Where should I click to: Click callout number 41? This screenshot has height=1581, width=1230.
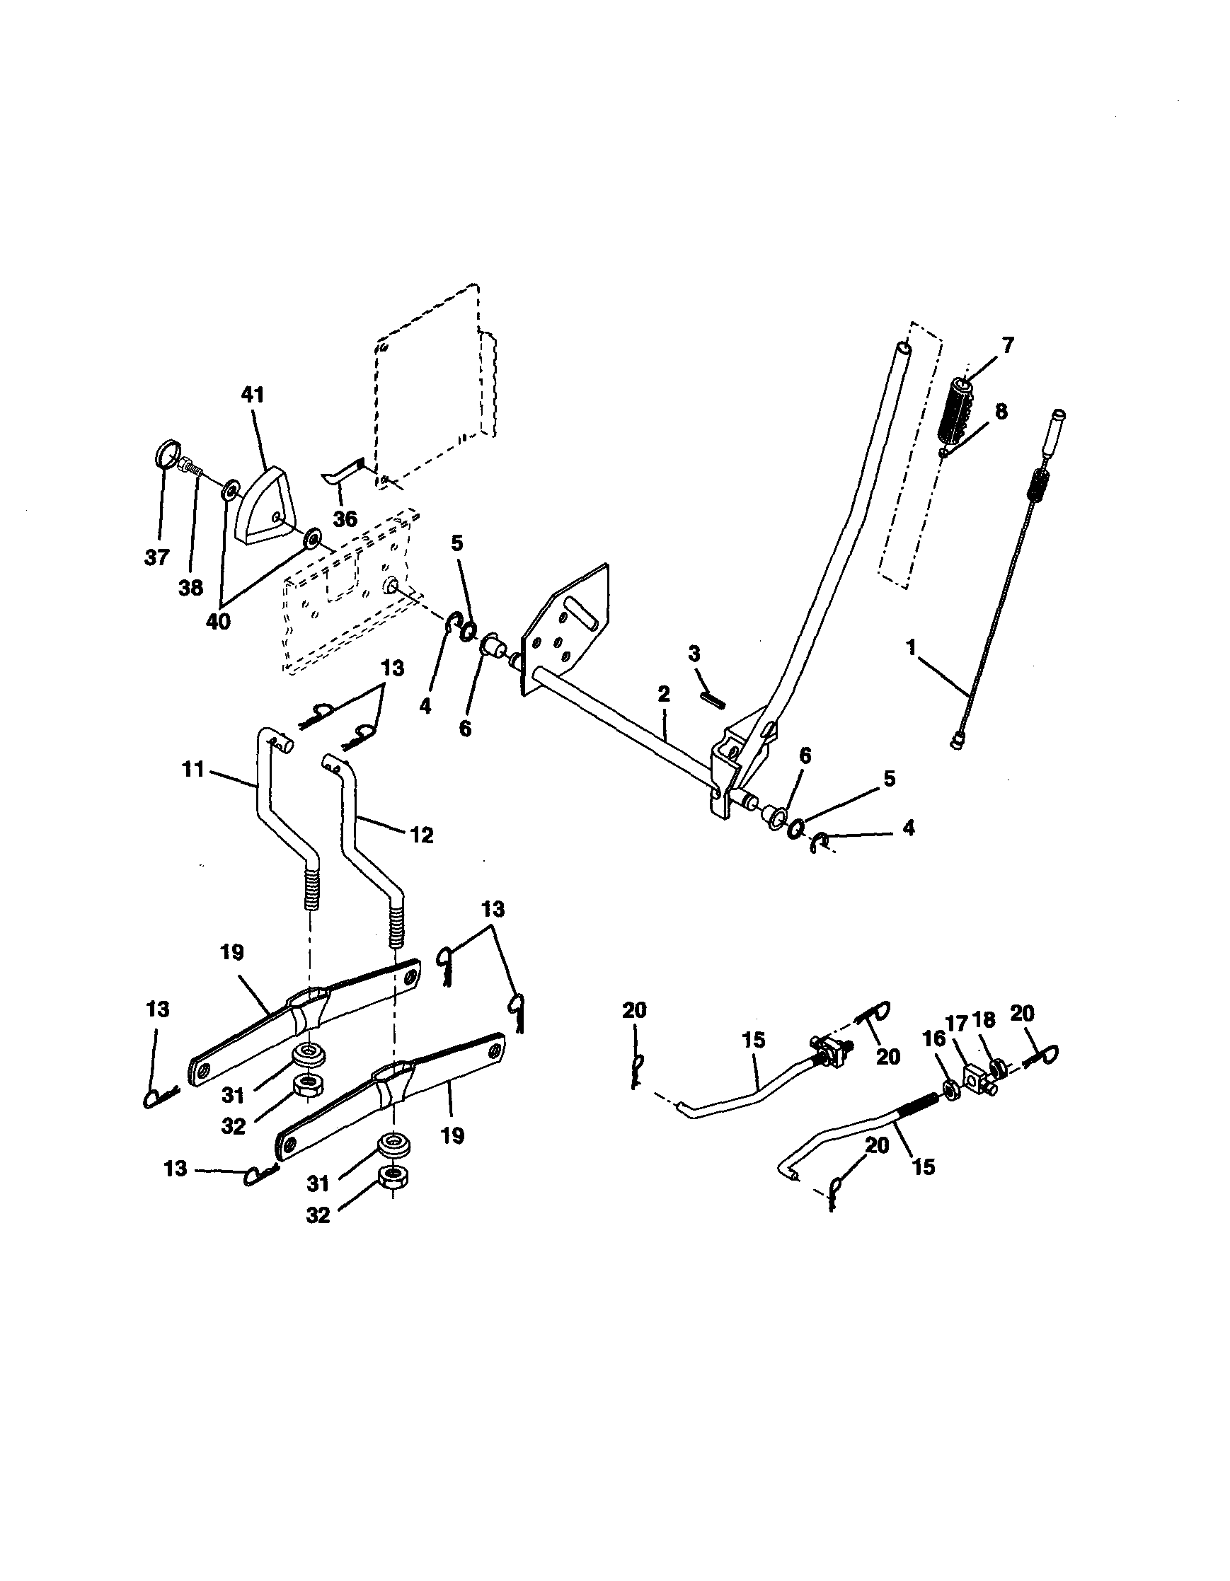[x=252, y=395]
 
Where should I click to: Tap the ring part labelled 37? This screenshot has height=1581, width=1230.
[x=167, y=458]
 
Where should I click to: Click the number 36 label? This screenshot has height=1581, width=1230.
[x=345, y=519]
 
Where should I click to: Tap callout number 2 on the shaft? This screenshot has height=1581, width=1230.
[x=664, y=694]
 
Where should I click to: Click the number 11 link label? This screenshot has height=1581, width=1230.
[x=193, y=769]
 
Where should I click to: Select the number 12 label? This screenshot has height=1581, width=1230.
[x=422, y=835]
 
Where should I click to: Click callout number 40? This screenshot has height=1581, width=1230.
[x=218, y=621]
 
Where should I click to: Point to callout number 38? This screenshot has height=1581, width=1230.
[x=190, y=588]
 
